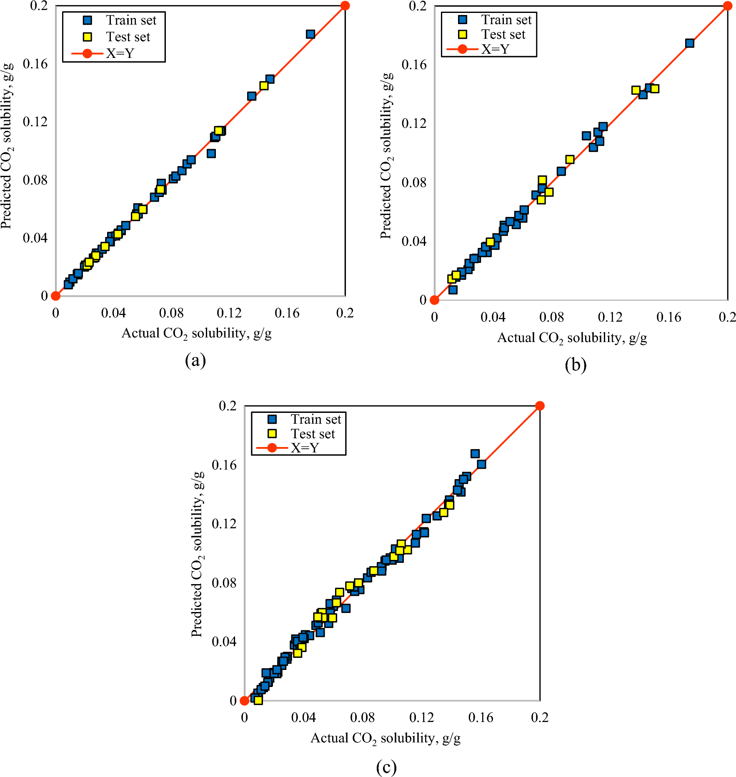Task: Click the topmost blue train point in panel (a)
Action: (310, 34)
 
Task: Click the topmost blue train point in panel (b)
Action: (690, 43)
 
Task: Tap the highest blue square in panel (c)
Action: (475, 453)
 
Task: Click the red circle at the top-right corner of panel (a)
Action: (345, 5)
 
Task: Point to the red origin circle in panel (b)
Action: (434, 300)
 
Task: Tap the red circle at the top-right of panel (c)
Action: (540, 406)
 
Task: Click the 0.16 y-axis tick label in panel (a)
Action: (35, 64)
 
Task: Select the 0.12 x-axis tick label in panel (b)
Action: (610, 317)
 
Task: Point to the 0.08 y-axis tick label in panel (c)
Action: (224, 582)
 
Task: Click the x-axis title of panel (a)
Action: (196, 333)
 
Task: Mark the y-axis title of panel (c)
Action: (198, 554)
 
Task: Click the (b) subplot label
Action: (576, 365)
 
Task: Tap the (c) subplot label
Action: (386, 767)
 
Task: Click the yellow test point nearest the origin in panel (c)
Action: (258, 700)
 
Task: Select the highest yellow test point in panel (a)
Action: (264, 85)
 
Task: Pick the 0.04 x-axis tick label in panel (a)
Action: (113, 313)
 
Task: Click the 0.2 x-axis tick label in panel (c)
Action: (540, 717)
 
